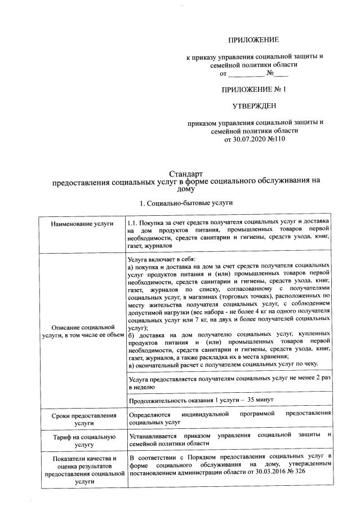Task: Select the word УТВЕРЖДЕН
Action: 254,105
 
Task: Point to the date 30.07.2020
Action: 251,139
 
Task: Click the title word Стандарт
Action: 186,174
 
